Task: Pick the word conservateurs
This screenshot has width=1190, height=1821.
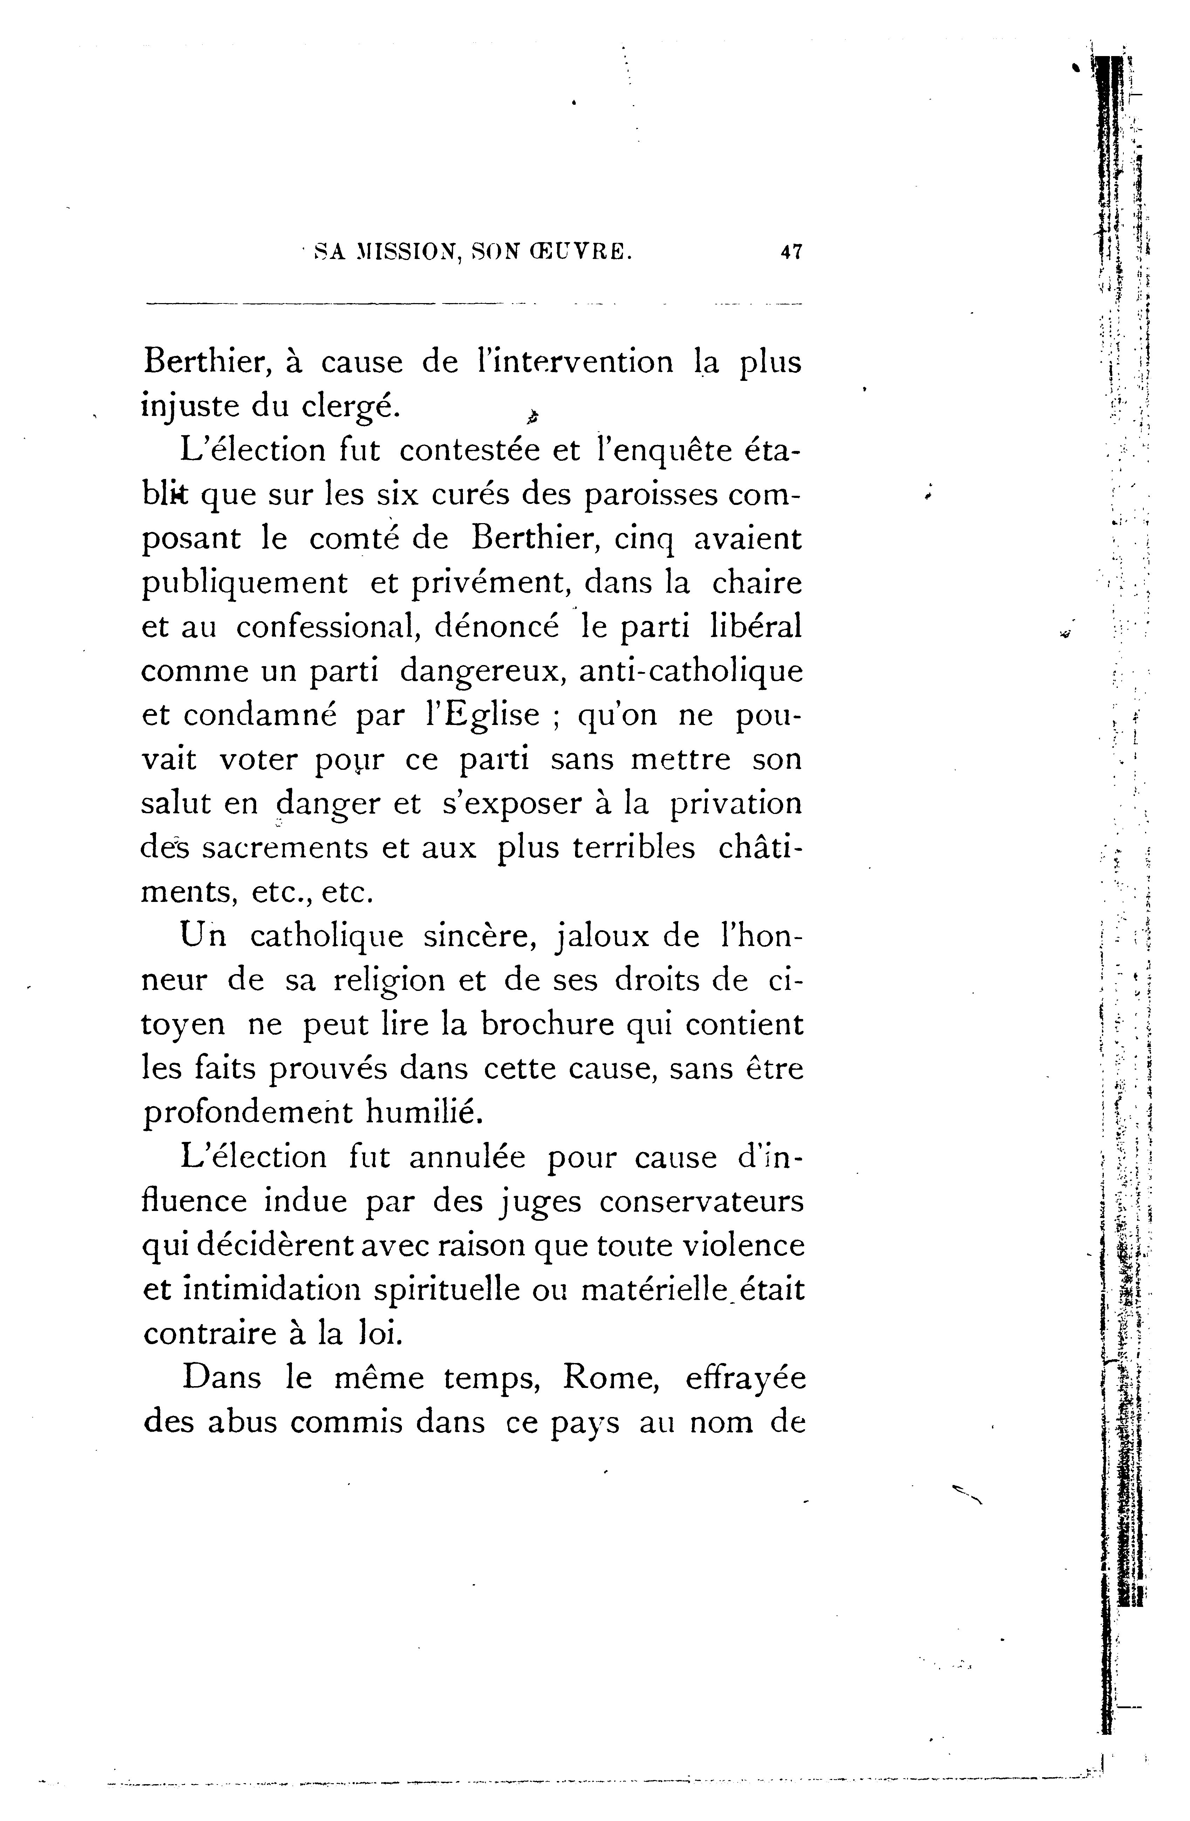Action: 702,1202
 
